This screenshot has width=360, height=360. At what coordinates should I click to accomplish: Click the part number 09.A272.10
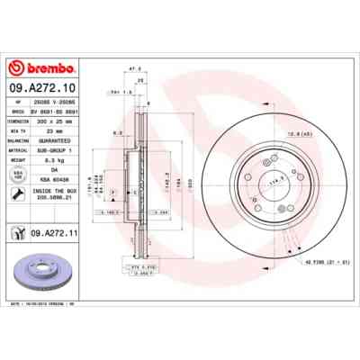tap(45, 89)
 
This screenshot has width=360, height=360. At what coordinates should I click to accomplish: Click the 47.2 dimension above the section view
tap(134, 68)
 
